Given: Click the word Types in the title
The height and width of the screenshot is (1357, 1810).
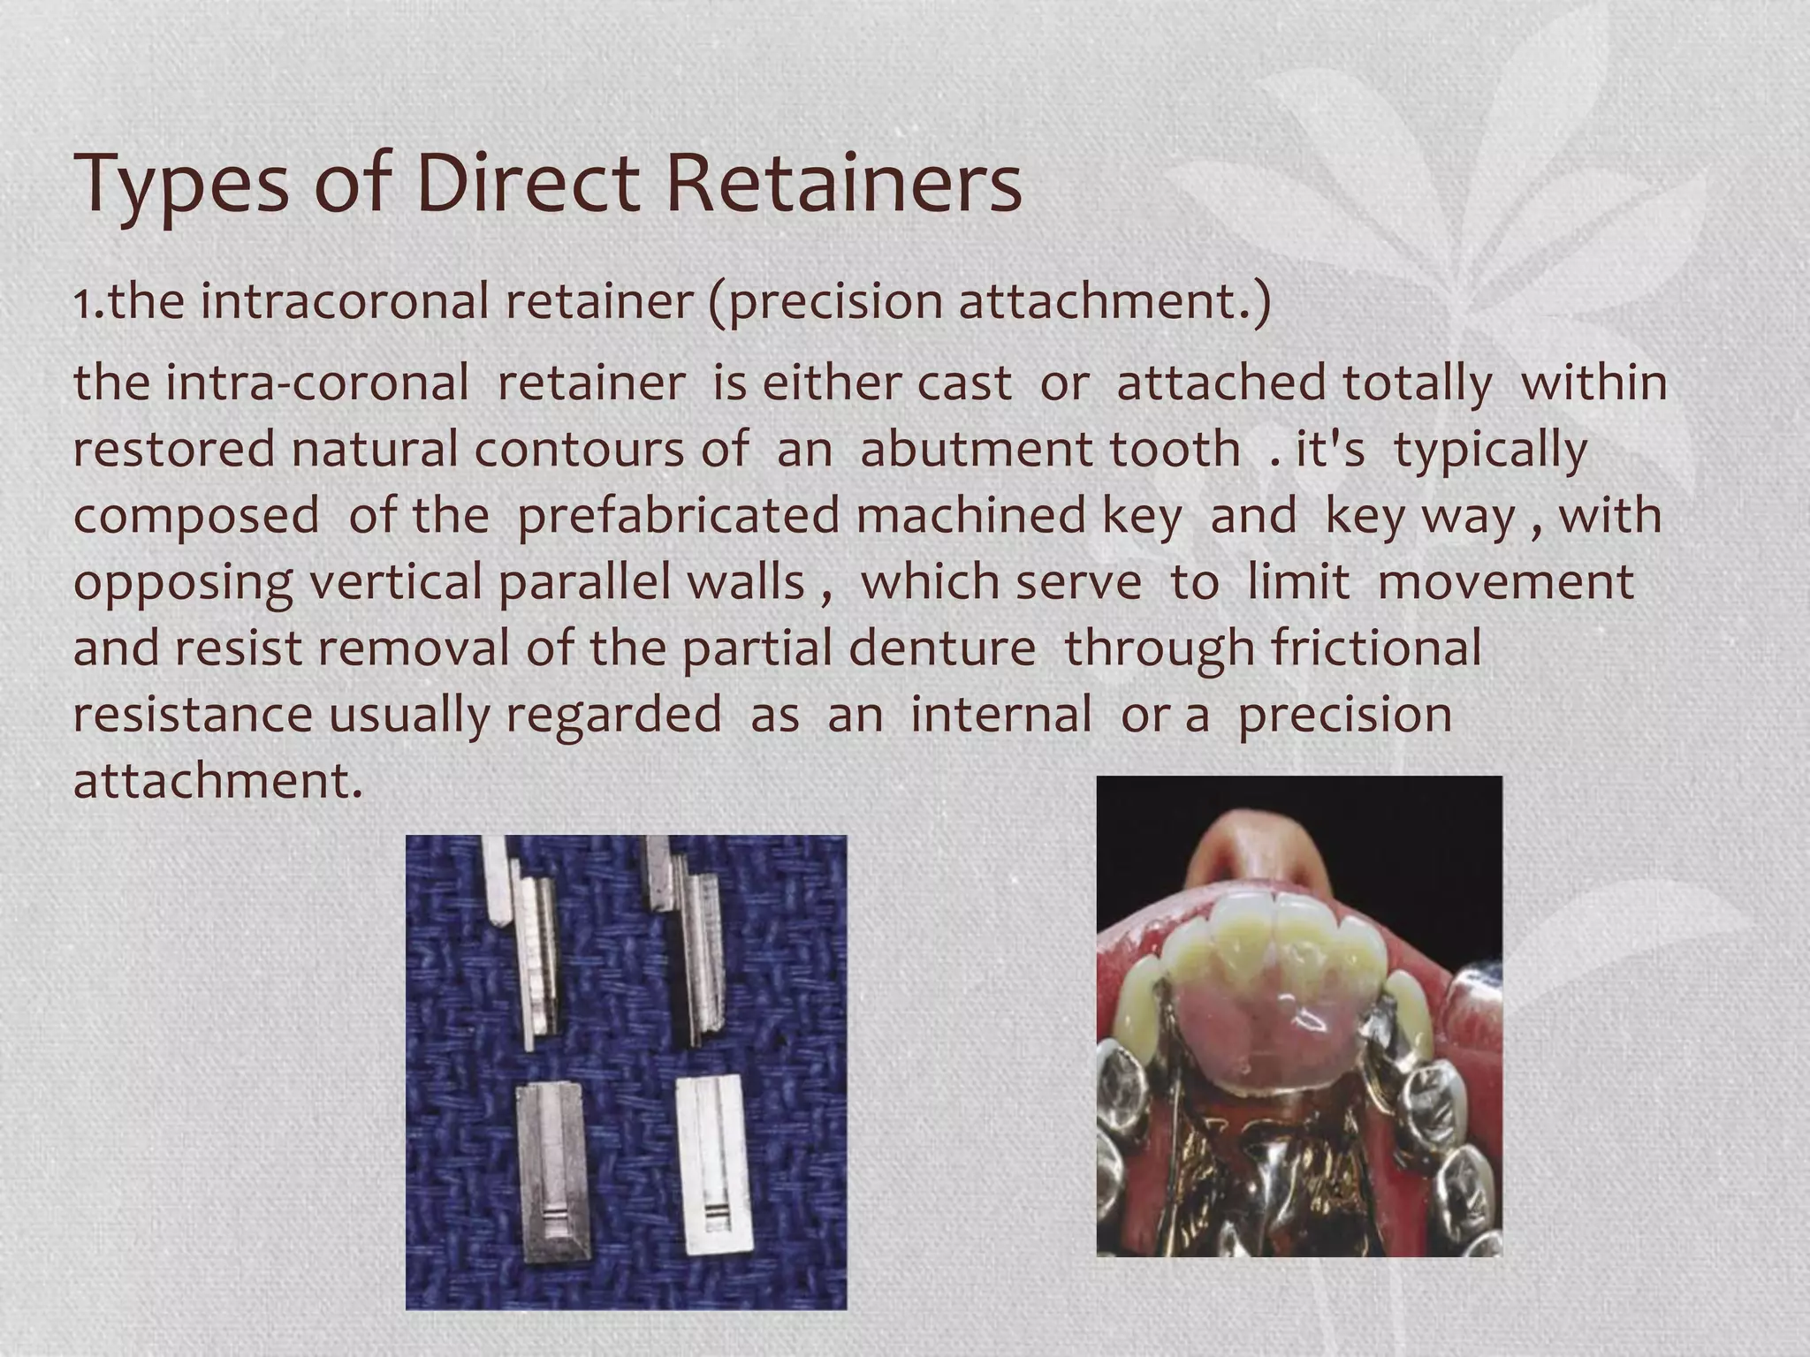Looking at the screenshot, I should tap(180, 185).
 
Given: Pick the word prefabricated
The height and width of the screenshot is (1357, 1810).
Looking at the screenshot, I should tap(677, 516).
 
